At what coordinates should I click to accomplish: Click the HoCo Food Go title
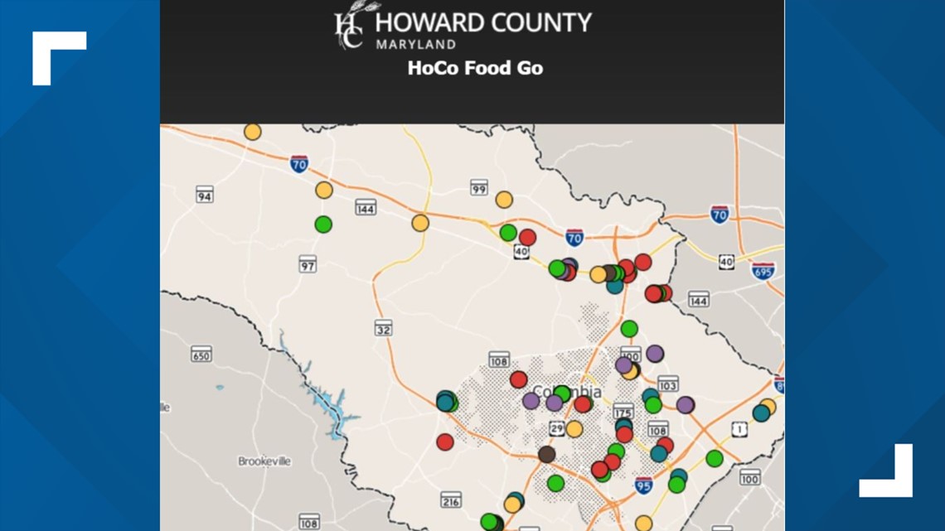(475, 68)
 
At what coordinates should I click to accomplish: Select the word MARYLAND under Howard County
(415, 44)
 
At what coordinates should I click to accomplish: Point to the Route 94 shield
(205, 195)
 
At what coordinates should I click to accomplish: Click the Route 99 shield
(478, 187)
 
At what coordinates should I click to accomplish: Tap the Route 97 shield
(308, 264)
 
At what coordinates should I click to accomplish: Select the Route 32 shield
(383, 328)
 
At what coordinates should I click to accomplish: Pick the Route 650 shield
(201, 355)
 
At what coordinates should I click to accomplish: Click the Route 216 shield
(451, 500)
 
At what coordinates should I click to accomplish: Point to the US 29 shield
(557, 427)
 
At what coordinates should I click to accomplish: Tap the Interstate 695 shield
(763, 271)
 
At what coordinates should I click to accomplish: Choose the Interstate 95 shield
(643, 485)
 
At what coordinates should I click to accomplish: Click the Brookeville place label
(264, 461)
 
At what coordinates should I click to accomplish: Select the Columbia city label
(567, 391)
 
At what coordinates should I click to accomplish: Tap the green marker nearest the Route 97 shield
(323, 224)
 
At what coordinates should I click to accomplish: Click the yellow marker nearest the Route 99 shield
(504, 200)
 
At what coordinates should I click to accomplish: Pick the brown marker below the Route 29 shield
(546, 454)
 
